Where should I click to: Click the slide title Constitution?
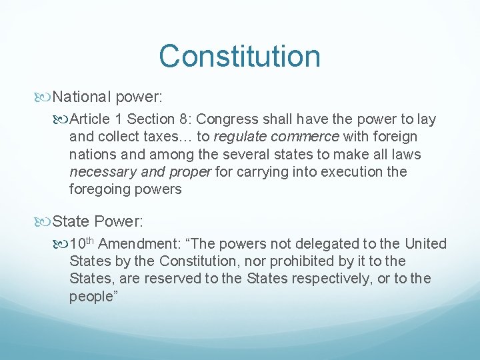point(239,56)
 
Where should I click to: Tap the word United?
point(426,244)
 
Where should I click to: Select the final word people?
point(91,296)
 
